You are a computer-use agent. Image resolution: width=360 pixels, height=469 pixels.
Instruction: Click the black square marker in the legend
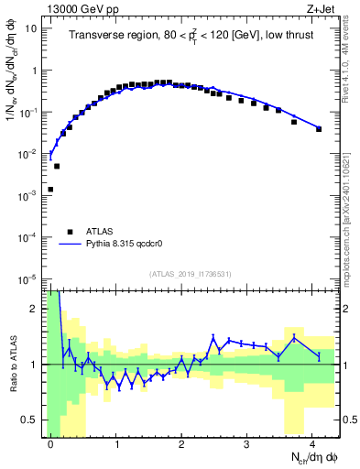(69, 233)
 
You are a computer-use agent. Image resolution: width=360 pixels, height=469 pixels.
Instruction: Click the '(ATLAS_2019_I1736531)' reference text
(190, 274)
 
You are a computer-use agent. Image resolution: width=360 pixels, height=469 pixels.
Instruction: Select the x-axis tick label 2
(181, 444)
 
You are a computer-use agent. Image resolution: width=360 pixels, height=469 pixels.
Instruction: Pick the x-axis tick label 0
(50, 444)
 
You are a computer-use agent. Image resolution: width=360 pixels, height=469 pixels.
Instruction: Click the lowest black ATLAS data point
(50, 190)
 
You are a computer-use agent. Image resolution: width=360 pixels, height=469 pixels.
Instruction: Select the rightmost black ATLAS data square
(319, 129)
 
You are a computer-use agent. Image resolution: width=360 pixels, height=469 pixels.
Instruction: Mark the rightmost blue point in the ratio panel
(319, 355)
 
